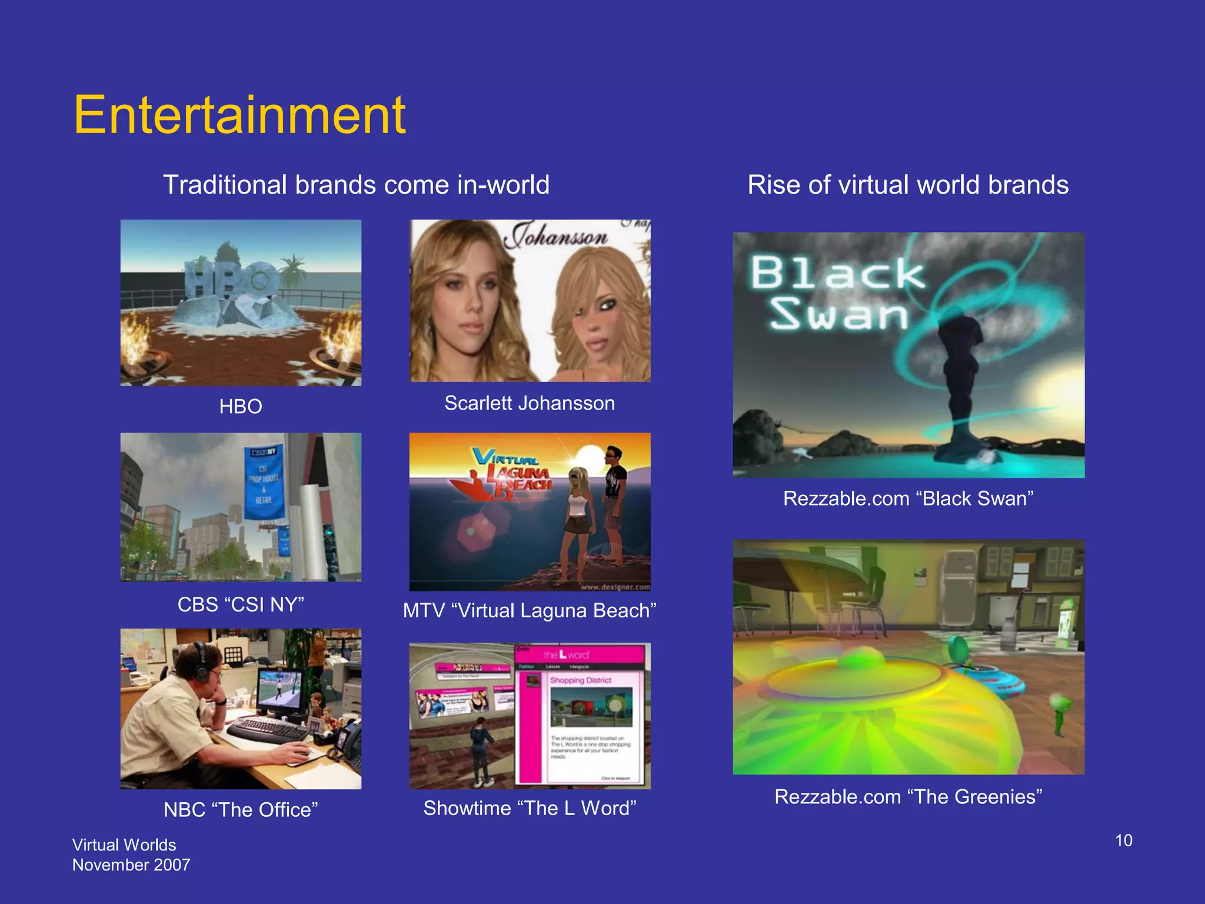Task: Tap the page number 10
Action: [1123, 840]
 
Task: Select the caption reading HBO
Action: [241, 406]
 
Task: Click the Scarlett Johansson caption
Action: [530, 403]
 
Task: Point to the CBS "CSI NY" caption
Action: [241, 604]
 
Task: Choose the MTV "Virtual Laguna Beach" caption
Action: [530, 610]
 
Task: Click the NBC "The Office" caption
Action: [241, 810]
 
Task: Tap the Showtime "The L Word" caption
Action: [530, 808]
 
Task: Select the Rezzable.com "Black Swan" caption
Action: [908, 498]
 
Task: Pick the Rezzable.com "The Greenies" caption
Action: [908, 796]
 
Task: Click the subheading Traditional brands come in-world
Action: [356, 185]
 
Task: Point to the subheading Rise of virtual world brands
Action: [908, 185]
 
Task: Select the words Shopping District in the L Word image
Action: [581, 680]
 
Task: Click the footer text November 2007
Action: [131, 865]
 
